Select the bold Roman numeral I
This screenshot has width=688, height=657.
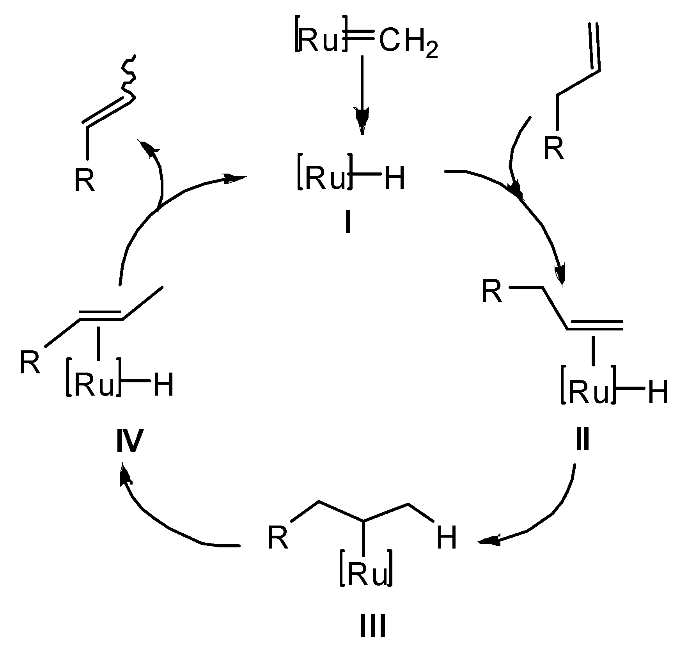[x=348, y=222]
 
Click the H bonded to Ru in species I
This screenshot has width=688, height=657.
[x=395, y=179]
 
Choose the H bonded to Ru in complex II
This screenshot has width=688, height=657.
[x=658, y=392]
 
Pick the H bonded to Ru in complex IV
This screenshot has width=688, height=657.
[x=163, y=386]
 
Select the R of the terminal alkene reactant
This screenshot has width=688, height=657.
[x=554, y=149]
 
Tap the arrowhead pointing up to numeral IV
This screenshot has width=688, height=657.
[x=124, y=474]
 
